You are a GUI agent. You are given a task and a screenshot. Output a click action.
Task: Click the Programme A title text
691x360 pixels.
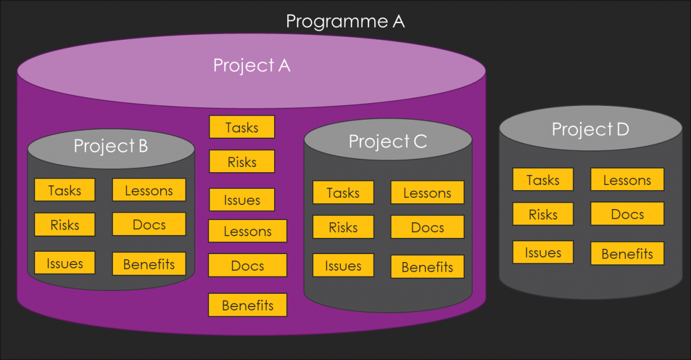(345, 21)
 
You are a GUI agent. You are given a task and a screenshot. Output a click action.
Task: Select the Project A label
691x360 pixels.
(252, 65)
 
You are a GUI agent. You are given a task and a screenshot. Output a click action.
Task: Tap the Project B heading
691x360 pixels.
(111, 146)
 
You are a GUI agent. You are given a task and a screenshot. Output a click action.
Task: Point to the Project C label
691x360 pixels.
(388, 141)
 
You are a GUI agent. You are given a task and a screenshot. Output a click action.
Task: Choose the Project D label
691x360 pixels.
(590, 129)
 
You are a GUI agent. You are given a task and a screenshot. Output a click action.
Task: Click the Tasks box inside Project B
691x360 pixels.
(64, 190)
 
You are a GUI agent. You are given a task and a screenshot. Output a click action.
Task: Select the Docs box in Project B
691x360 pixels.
(149, 224)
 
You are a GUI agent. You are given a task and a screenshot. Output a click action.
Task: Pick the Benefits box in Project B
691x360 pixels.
(149, 264)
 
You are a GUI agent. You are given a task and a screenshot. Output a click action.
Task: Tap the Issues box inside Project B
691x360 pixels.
(64, 263)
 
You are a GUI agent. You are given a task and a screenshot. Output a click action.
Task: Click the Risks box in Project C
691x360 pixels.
(343, 227)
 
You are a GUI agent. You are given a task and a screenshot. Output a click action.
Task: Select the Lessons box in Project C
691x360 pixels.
(427, 193)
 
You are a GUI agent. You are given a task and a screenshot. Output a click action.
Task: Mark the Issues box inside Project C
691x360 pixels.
(343, 266)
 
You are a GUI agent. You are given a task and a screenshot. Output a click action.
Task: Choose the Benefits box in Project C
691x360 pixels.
(427, 267)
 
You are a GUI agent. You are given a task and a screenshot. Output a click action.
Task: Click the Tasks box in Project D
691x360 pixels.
(543, 180)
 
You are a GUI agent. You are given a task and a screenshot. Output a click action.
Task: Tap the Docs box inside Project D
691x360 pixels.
(627, 214)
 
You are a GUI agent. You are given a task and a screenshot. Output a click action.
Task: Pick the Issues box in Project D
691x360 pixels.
(543, 252)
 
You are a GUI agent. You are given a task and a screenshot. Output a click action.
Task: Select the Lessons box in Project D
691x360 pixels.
(627, 180)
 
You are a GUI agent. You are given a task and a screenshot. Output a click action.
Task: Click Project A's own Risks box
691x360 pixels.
(242, 162)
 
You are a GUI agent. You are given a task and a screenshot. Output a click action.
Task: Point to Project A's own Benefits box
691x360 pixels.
(248, 305)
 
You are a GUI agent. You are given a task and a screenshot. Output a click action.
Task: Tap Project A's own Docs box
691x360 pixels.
(248, 266)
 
